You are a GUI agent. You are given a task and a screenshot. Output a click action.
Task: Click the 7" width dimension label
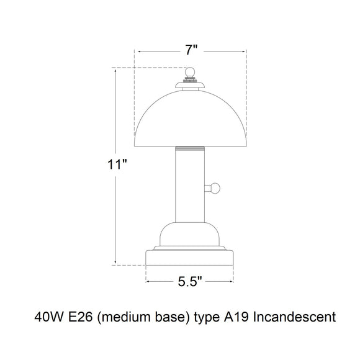coord(191,50)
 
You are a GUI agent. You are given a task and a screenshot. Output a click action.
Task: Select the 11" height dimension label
coord(117,164)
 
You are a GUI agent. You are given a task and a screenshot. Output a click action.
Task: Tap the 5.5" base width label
coord(190,281)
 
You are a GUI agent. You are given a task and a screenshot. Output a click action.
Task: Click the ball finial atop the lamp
coord(190,72)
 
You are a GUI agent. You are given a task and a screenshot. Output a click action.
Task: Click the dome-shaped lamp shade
coord(191,119)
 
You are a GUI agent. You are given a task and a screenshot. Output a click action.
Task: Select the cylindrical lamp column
coord(190,184)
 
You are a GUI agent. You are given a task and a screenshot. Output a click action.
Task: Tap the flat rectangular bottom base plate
coord(190,258)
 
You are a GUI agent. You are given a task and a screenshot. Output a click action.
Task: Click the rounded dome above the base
coord(190,234)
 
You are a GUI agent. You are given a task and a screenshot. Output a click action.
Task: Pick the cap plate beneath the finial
coord(190,85)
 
